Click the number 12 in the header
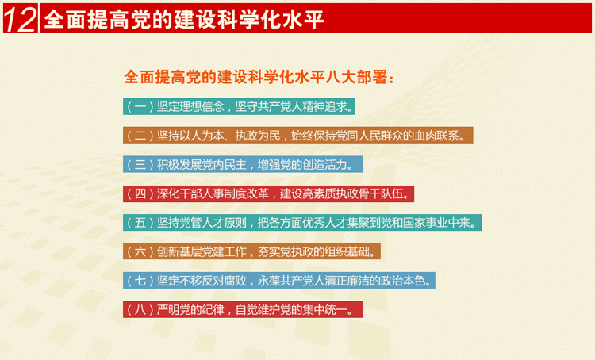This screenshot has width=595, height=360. pos(20,19)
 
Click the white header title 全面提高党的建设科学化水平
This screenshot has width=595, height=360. pos(184,19)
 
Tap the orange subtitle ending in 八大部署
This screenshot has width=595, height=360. pos(259,77)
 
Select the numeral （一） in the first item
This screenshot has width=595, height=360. pos(140,106)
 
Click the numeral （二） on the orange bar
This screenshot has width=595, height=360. pos(140,136)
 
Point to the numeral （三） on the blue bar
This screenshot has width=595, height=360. pos(140,165)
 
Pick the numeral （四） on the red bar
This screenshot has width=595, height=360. pos(140,193)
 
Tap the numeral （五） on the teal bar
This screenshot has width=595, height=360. pos(140,223)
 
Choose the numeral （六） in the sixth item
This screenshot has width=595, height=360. pos(140,251)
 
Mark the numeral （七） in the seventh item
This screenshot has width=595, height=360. pos(140,281)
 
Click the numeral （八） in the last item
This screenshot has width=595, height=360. pos(140,310)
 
